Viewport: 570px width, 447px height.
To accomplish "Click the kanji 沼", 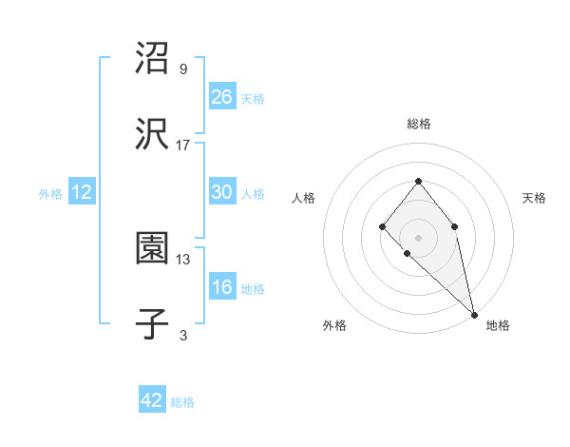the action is [x=153, y=59].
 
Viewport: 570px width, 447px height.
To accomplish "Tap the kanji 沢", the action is [x=153, y=135].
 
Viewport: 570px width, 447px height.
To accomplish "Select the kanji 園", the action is [x=153, y=250].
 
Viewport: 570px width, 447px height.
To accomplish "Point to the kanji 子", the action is [x=153, y=325].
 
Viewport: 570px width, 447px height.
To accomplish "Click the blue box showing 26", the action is [x=221, y=96].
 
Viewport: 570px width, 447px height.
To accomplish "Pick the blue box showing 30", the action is [x=221, y=192].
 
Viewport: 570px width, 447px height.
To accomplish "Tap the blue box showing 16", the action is [x=221, y=288].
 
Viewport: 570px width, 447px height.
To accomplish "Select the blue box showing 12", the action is [x=82, y=193].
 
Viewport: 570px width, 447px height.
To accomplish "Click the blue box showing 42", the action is [x=152, y=400].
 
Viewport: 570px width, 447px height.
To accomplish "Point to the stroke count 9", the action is [x=183, y=69].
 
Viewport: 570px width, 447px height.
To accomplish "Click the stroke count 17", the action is [x=183, y=146].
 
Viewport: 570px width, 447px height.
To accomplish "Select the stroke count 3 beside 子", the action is [x=183, y=335].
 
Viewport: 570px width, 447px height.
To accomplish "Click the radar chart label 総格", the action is [x=418, y=124].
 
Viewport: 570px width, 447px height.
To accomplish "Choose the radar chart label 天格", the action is [x=534, y=198].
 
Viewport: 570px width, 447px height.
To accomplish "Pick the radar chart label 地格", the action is [x=498, y=325].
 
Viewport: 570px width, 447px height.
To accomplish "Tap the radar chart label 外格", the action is [x=334, y=325].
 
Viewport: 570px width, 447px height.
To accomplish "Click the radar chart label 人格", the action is [x=304, y=198].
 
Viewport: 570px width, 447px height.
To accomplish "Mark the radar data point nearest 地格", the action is [x=473, y=314].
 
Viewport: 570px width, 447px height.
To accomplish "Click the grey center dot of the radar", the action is [x=418, y=237].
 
